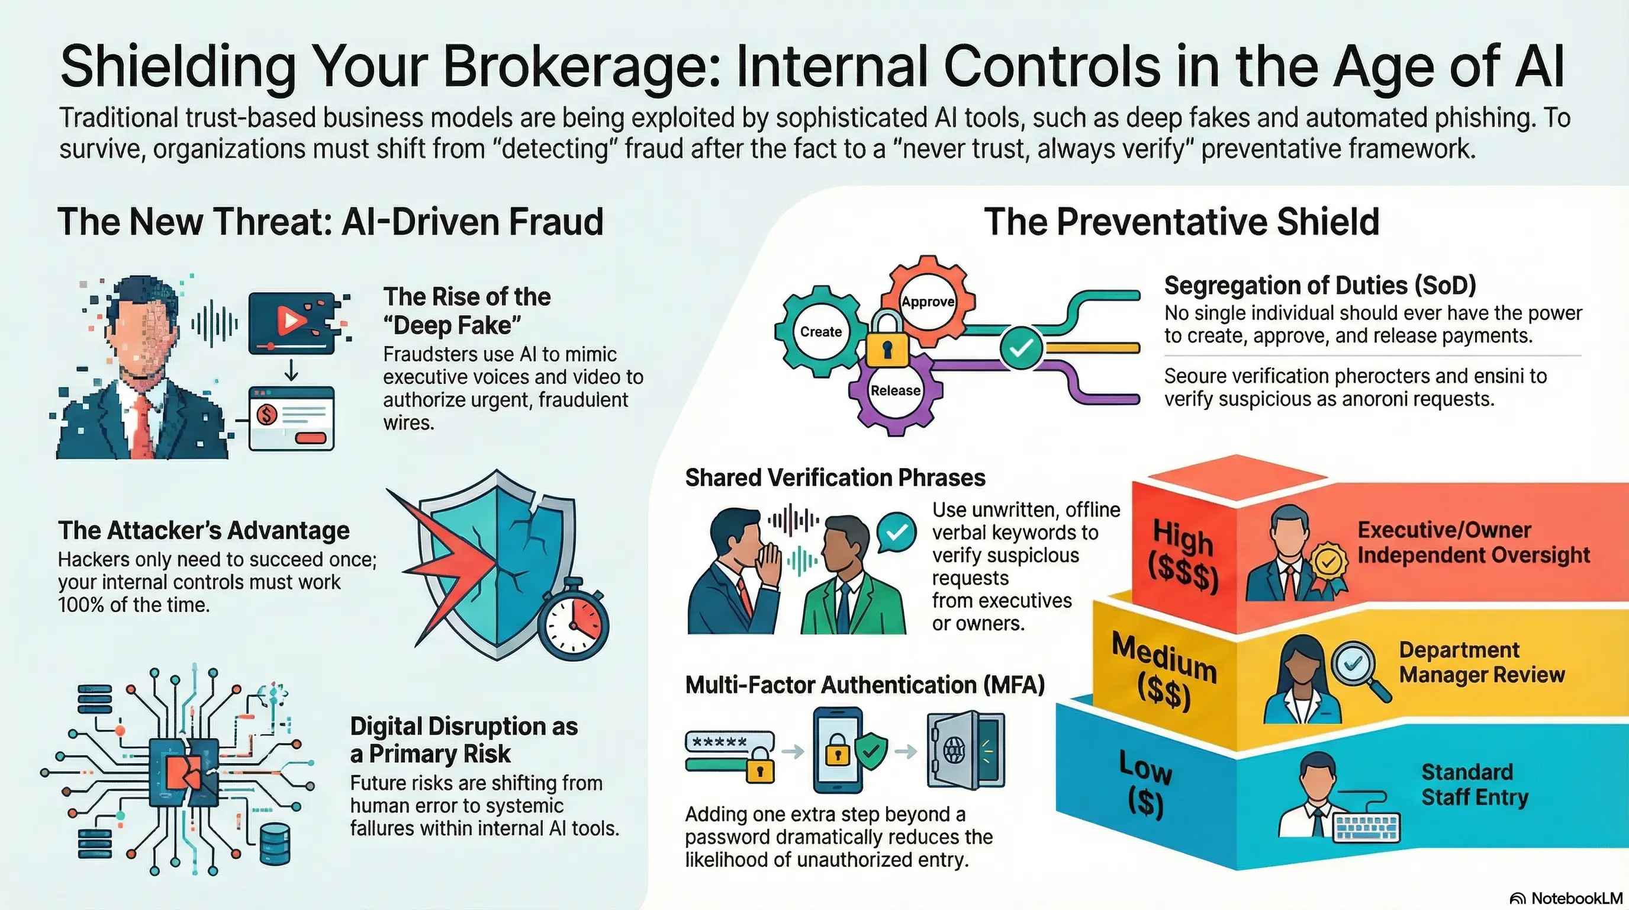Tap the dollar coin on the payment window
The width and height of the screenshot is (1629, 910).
[x=267, y=415]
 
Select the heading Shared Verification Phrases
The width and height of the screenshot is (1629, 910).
[x=835, y=478]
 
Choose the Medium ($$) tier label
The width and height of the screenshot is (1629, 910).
[x=1164, y=672]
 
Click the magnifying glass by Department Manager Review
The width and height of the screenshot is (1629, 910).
[x=1359, y=669]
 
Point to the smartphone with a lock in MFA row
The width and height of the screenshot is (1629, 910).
[x=838, y=750]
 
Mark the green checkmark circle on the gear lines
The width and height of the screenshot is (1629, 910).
[x=1020, y=347]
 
